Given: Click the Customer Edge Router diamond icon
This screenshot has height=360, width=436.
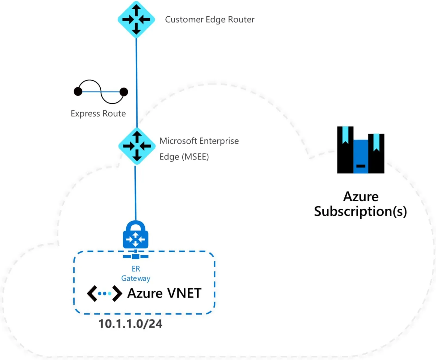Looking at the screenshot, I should [x=136, y=19].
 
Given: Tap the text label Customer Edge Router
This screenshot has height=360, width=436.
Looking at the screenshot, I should [x=210, y=19].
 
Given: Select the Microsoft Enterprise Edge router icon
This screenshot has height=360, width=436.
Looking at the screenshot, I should [x=137, y=146].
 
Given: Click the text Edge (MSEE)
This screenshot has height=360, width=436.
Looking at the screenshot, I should [x=184, y=157].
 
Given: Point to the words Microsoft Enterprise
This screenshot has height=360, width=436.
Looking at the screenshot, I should [x=199, y=141].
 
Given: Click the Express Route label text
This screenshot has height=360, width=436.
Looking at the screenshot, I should [x=98, y=113].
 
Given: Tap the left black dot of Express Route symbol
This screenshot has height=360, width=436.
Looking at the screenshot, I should [x=78, y=91].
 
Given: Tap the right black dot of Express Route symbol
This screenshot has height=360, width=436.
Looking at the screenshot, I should [x=124, y=92].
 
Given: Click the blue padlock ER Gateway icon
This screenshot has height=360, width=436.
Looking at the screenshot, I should [x=136, y=235].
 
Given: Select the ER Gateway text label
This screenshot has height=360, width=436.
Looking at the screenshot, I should [x=136, y=274].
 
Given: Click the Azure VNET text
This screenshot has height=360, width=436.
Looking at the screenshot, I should [x=164, y=293].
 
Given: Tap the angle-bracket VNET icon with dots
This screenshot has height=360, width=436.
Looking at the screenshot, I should [x=104, y=293].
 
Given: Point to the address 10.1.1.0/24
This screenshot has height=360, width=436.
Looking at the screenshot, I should [x=130, y=324].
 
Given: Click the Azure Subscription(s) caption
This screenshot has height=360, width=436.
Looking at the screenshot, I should [x=361, y=204].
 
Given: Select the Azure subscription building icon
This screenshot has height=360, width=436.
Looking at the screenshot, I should [x=361, y=150].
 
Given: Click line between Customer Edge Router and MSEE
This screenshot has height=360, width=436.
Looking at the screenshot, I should [x=137, y=82].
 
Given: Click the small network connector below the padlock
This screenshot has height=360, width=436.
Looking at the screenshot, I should [x=136, y=256].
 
